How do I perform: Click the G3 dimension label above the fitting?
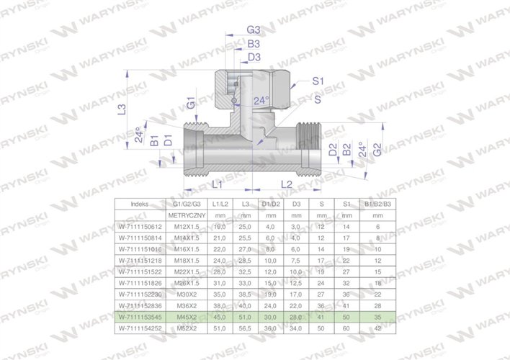pos(253,30)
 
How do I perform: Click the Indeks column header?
pos(140,204)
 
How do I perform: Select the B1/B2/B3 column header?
pos(377,204)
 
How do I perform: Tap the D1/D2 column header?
pos(270,204)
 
